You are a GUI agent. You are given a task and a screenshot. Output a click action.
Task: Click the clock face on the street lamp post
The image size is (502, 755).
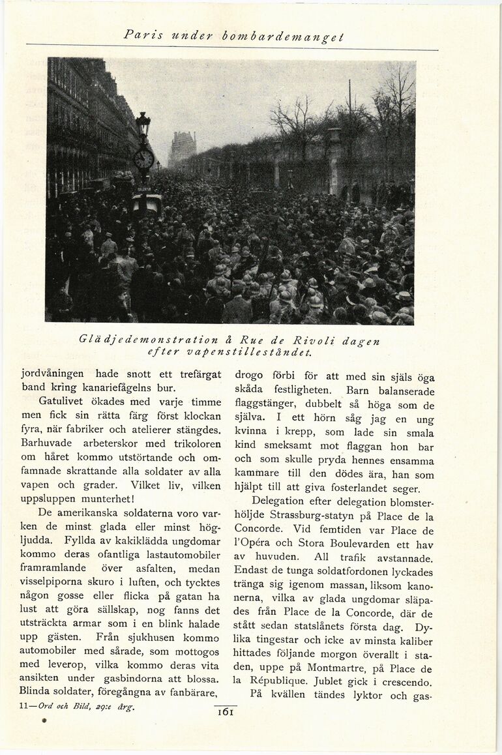(x=143, y=158)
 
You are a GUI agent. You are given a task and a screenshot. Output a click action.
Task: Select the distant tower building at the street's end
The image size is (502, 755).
(x=183, y=148)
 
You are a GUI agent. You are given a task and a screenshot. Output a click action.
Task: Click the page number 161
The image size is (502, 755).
(x=226, y=712)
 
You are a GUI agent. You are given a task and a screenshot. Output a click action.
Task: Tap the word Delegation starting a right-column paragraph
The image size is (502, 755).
(x=278, y=501)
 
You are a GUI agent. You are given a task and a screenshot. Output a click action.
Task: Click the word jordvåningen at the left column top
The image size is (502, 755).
(x=53, y=374)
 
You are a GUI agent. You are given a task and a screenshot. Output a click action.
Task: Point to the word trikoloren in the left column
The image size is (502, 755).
(x=194, y=443)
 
